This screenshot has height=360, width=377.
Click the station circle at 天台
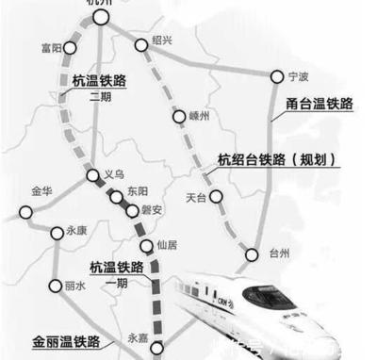pyautogui.click(x=216, y=197)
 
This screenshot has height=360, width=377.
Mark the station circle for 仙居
pyautogui.click(x=146, y=246)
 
